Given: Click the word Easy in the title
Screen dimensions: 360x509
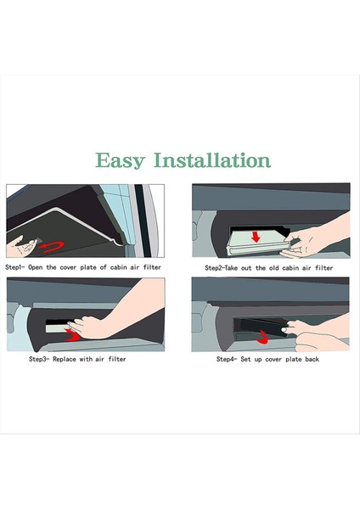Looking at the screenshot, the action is coord(120,160).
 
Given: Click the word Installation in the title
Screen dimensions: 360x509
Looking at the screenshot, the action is coord(212,159).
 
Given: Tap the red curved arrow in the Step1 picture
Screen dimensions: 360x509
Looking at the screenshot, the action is coord(52,247).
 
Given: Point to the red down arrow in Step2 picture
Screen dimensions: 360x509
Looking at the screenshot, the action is coord(256,237).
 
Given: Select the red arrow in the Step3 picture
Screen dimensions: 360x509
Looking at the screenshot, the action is coord(72,335).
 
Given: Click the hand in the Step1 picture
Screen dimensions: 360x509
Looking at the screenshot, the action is coord(21,247).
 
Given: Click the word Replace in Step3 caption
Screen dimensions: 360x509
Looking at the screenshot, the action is coord(65,359).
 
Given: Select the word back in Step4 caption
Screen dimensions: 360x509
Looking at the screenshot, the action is coord(312,359).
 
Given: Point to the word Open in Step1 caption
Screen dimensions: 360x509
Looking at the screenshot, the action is coord(36,268).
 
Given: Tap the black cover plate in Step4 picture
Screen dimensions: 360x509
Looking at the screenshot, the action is coord(261,327).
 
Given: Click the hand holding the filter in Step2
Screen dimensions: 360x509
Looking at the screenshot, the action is coord(312,240).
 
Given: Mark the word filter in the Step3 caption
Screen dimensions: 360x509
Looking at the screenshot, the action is coord(117,359).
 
